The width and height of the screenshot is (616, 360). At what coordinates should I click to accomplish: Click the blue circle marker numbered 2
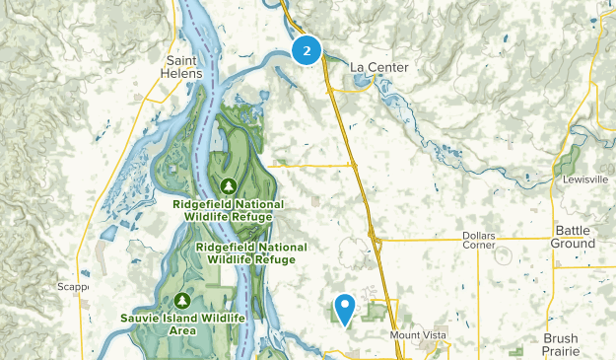pos(308,50)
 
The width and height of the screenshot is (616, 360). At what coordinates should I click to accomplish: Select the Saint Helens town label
pos(177,66)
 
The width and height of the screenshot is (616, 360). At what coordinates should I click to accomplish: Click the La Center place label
pos(378,67)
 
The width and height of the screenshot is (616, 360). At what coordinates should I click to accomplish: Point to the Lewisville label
pos(588,180)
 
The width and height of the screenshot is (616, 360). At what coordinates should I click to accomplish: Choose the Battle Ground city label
pos(575,236)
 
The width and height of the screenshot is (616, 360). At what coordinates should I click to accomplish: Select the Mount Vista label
pos(418,335)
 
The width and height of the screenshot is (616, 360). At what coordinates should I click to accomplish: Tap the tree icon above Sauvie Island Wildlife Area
pos(180,300)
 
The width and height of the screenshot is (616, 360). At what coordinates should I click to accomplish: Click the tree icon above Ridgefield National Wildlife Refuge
pos(229,184)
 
